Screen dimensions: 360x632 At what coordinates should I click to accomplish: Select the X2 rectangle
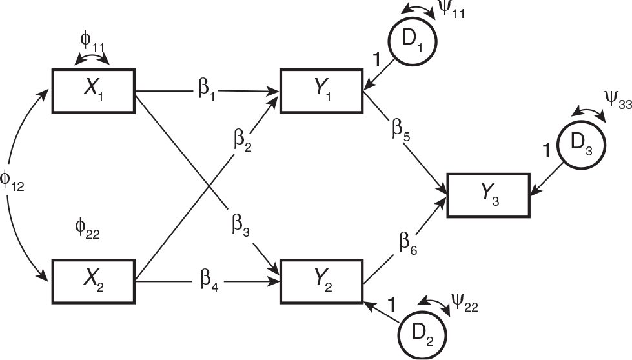tap(94, 279)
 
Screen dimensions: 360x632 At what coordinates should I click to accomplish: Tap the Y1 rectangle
tap(321, 91)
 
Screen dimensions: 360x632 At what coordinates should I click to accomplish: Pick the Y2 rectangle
tap(321, 279)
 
